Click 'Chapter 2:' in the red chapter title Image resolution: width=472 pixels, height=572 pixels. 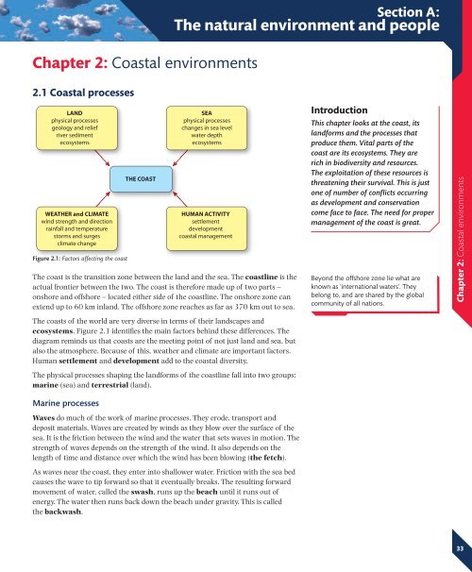[x=59, y=62]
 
